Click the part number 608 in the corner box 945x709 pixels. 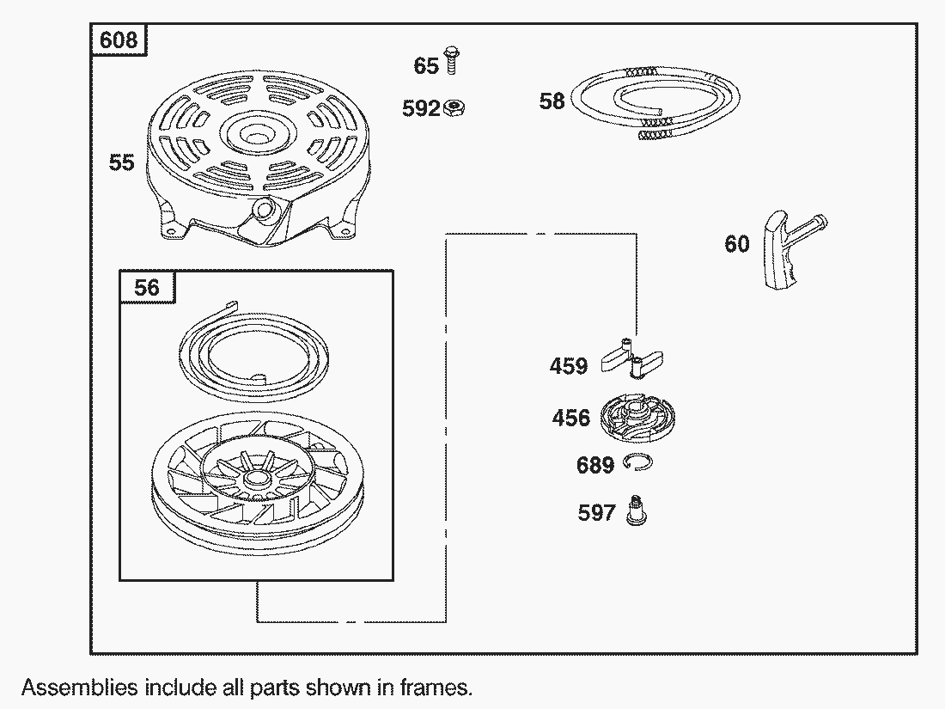pyautogui.click(x=119, y=40)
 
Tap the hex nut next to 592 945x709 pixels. pyautogui.click(x=454, y=108)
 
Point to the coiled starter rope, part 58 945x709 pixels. pyautogui.click(x=655, y=103)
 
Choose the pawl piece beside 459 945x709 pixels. pyautogui.click(x=631, y=358)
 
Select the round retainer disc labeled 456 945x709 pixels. pyautogui.click(x=637, y=418)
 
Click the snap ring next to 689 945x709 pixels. pyautogui.click(x=637, y=463)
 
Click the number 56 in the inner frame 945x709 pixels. pyautogui.click(x=146, y=288)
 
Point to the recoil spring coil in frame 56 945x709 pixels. pyautogui.click(x=253, y=351)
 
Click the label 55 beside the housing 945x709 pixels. pyautogui.click(x=121, y=162)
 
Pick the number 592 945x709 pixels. pyautogui.click(x=421, y=108)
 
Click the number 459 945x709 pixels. pyautogui.click(x=569, y=366)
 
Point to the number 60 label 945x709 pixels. pyautogui.click(x=736, y=244)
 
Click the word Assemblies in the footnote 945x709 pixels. pyautogui.click(x=80, y=688)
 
